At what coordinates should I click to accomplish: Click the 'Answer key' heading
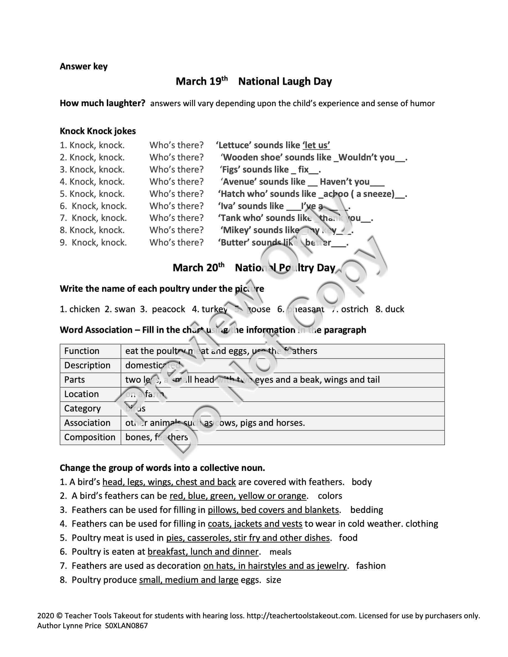click(84, 66)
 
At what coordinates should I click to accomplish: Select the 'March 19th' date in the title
click(202, 81)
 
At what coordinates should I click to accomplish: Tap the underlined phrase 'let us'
click(316, 145)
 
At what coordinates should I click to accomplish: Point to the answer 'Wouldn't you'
click(367, 158)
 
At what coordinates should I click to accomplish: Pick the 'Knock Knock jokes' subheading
click(98, 131)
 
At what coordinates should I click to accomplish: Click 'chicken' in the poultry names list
click(84, 309)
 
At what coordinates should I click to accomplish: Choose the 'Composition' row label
click(90, 437)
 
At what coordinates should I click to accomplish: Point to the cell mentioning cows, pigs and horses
click(215, 423)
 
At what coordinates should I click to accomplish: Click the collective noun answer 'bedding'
click(367, 510)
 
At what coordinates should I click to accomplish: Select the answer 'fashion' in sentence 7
click(371, 566)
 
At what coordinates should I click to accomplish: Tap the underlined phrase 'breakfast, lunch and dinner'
click(203, 552)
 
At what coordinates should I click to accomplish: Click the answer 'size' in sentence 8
click(274, 580)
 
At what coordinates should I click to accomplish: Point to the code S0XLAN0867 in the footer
click(126, 626)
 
